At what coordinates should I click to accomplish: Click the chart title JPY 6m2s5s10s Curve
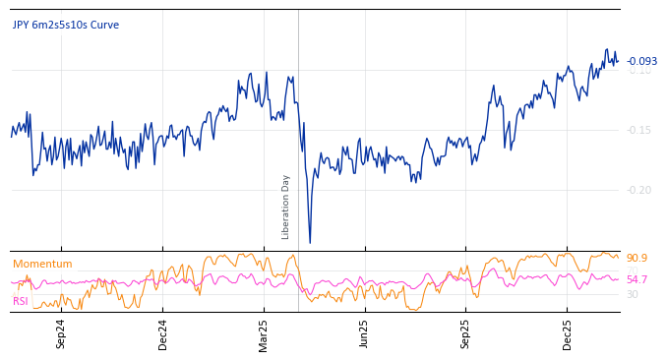coord(65,25)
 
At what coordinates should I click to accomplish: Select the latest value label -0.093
coord(641,61)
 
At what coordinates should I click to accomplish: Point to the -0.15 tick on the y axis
coord(639,130)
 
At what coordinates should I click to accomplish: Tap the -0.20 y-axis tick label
coord(639,190)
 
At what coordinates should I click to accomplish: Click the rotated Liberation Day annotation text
coord(286,207)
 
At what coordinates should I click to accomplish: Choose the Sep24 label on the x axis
coord(61,333)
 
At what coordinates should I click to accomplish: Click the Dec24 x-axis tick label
coord(163,333)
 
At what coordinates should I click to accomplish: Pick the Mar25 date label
coord(264,333)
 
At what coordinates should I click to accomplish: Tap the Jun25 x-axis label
coord(364,333)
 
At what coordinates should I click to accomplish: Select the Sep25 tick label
coord(465,333)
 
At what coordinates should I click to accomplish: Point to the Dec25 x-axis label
coord(567,333)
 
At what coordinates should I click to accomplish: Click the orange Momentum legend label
coord(42,264)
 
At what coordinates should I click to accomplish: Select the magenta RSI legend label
coord(20,301)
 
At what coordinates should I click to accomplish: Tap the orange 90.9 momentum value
coord(637,258)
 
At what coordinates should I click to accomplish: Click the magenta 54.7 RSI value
coord(637,279)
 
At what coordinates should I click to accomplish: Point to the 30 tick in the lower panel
coord(633,294)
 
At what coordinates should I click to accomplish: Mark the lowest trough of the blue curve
coord(310,242)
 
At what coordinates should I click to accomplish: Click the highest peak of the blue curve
coord(607,50)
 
